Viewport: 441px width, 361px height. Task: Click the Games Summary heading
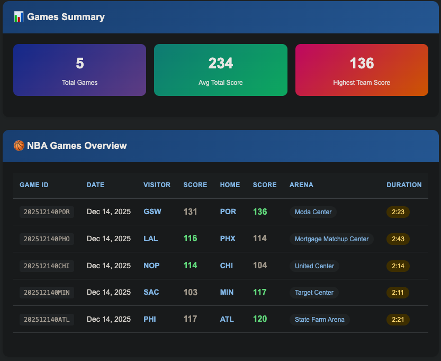point(66,17)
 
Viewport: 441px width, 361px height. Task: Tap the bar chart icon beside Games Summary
point(19,17)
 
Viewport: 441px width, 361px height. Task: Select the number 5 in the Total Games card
point(79,64)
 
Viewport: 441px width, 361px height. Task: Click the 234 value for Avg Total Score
point(220,64)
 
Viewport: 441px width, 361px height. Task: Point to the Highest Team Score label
point(362,83)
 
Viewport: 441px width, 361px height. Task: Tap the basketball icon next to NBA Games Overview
point(19,146)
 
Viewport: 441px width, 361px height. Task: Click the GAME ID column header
point(34,185)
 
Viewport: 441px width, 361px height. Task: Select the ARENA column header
point(301,185)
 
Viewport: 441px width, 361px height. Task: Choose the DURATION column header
point(404,185)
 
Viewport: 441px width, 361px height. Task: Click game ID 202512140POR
point(47,212)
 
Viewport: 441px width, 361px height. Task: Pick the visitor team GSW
point(152,212)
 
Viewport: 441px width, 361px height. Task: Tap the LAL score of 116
point(190,239)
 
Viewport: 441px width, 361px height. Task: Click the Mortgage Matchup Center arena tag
point(331,239)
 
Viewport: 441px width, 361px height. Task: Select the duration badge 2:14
point(398,266)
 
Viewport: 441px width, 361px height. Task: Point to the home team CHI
point(226,266)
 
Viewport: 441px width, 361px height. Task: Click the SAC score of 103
point(190,292)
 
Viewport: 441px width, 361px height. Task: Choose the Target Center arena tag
point(314,293)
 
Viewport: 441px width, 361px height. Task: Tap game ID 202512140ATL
point(47,320)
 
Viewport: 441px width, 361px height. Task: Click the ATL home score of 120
point(260,319)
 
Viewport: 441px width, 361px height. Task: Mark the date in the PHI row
point(109,319)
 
